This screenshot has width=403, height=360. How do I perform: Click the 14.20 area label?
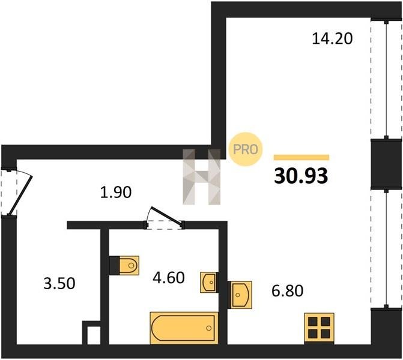pos(332,39)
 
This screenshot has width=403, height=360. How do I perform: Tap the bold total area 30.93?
pos(301,176)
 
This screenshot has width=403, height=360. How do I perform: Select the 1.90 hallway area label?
pos(116,192)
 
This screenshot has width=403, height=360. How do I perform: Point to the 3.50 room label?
pos(59,283)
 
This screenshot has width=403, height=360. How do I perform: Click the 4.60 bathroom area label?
pos(169,278)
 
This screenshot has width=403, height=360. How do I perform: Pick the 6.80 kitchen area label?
pos(287,291)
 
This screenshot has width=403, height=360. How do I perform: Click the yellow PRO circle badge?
pos(246,149)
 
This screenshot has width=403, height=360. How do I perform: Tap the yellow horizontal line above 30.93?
pos(301,157)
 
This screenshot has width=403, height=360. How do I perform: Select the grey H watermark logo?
pos(202,177)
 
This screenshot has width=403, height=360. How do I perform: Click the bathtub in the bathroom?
pos(184,328)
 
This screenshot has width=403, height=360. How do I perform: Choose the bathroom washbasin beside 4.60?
pos(208,282)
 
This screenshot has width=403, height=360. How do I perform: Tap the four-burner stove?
pos(319,328)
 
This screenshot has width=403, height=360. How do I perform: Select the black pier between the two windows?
pos(386,164)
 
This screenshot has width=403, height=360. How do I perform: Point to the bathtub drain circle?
pos(208,328)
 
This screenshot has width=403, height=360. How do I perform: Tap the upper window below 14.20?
pos(386,79)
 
